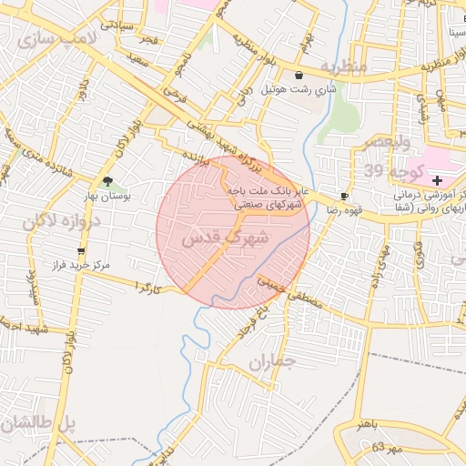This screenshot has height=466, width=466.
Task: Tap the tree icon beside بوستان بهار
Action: pyautogui.click(x=109, y=181)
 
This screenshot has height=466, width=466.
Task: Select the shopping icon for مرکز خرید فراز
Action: pyautogui.click(x=82, y=250)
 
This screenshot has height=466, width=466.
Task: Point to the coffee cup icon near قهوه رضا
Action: pyautogui.click(x=344, y=197)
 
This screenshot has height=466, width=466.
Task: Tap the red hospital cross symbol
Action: pyautogui.click(x=451, y=181)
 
